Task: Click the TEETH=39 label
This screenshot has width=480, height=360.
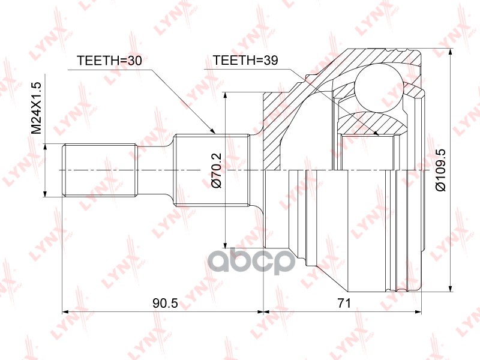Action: click(243, 61)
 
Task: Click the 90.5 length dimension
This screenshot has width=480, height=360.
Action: click(166, 304)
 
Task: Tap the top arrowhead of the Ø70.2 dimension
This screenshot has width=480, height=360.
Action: click(226, 95)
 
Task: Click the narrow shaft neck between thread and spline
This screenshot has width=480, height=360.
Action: click(155, 170)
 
